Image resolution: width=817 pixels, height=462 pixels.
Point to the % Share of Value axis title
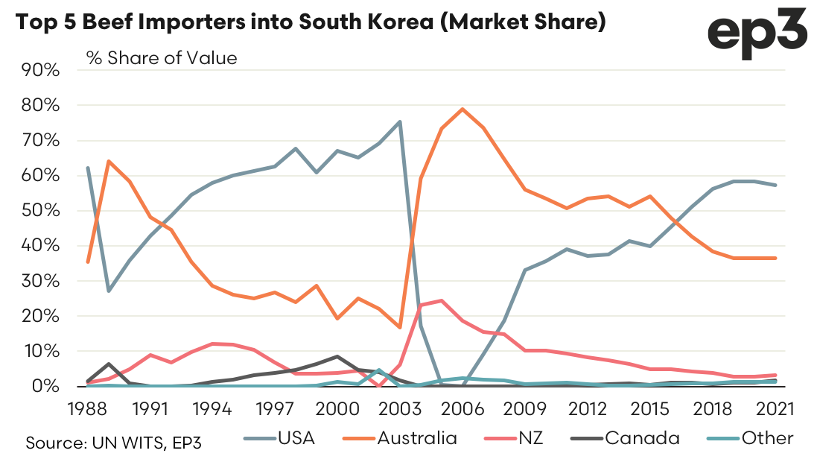click(162, 57)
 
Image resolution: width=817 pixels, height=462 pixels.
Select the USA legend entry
click(279, 438)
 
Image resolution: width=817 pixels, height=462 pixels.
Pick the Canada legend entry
click(624, 438)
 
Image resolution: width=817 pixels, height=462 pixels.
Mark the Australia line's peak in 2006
click(462, 109)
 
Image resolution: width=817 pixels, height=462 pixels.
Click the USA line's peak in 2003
click(400, 121)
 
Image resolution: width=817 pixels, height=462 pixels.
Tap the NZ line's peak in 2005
click(442, 300)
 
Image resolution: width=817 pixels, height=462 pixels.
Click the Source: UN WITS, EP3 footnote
click(114, 443)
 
